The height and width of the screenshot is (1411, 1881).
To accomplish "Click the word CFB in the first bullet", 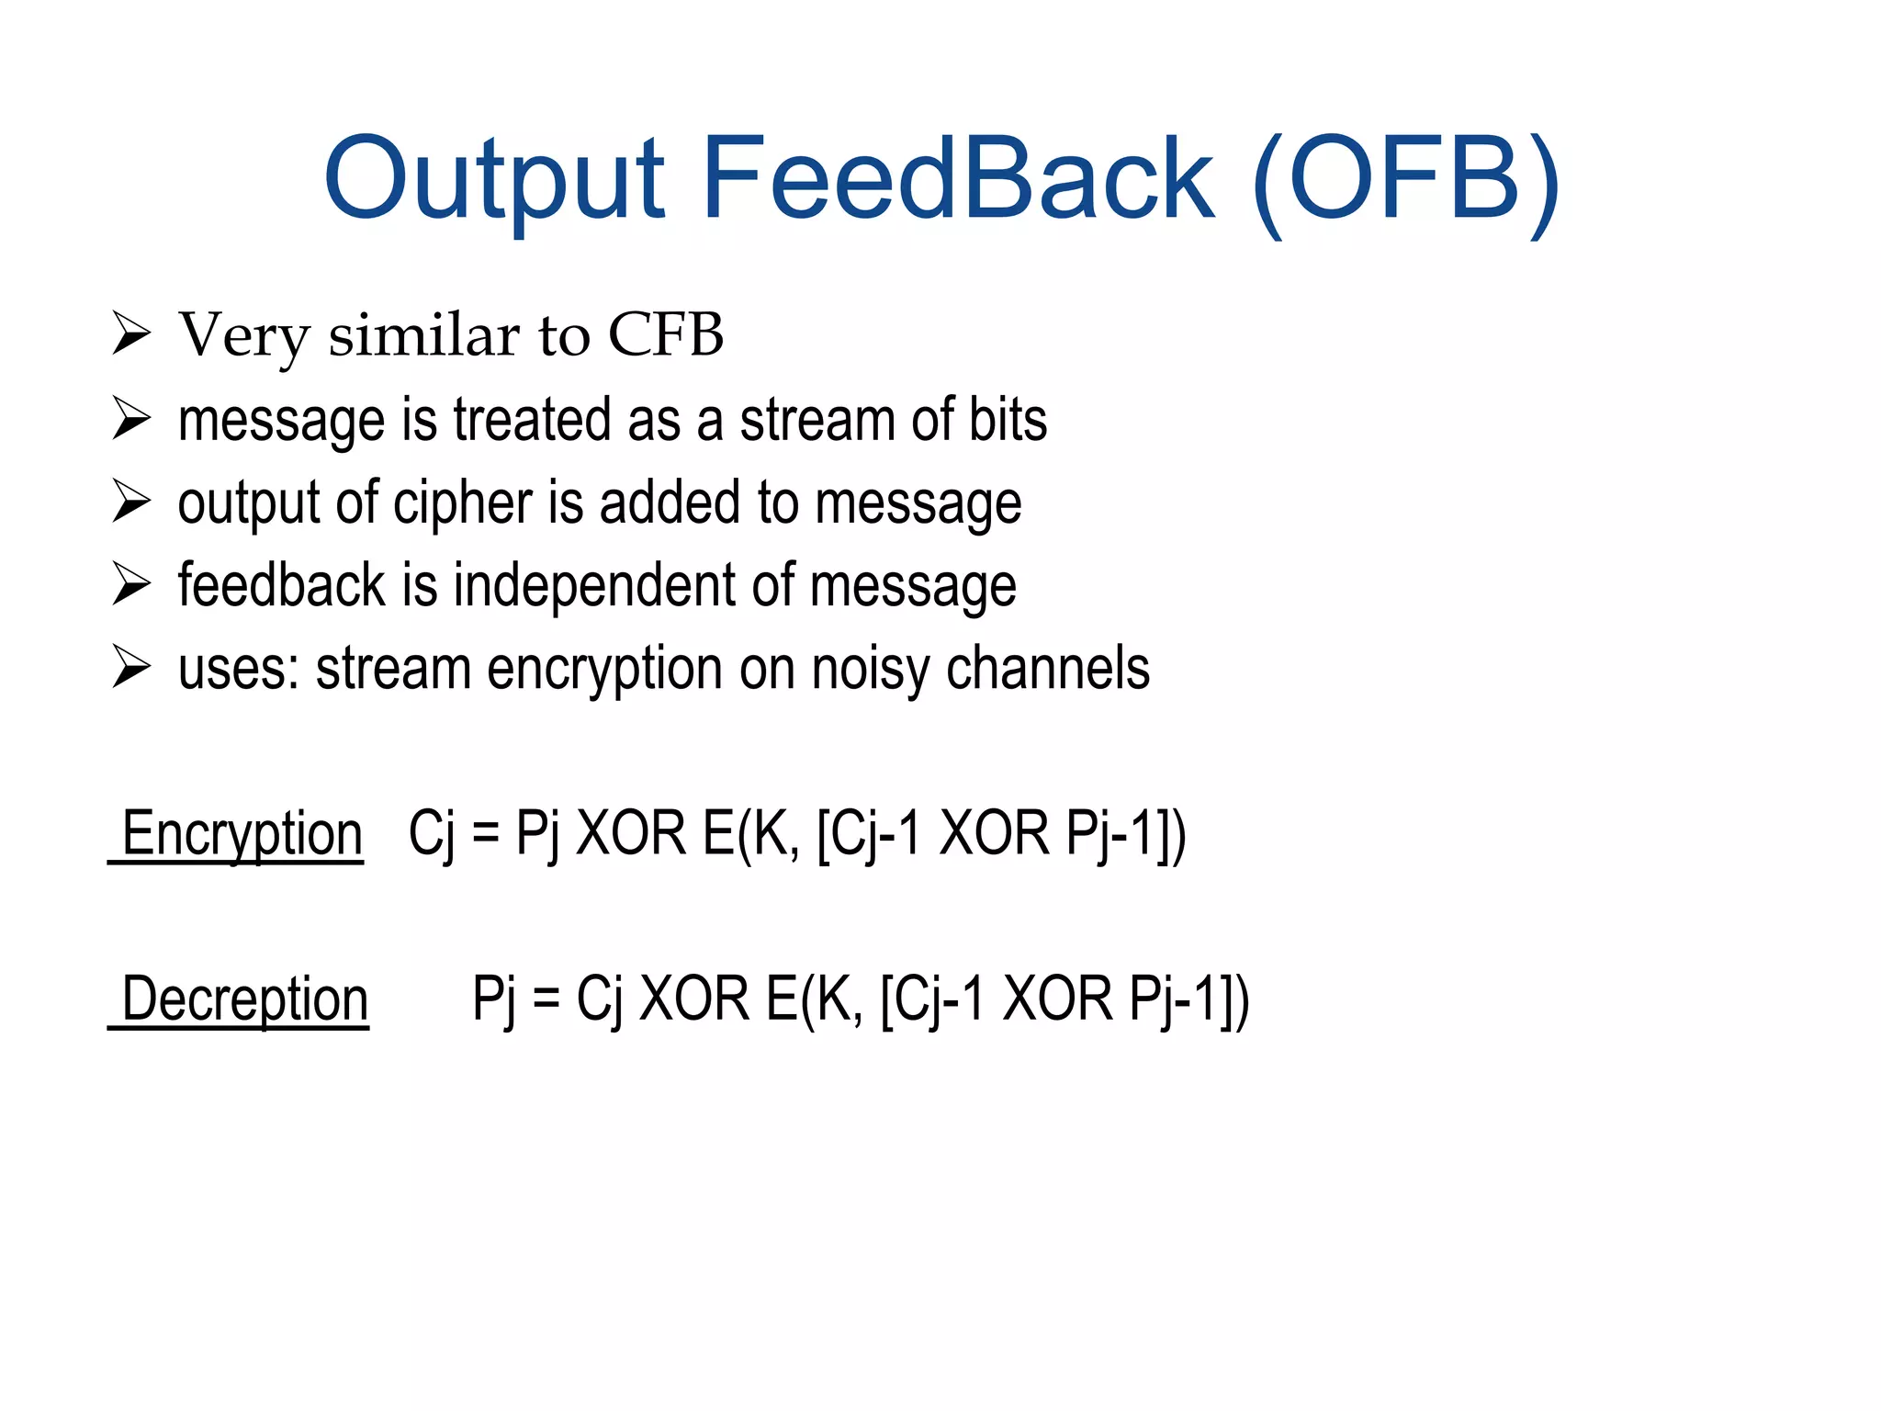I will point(666,334).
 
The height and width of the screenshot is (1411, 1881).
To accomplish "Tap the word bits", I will point(1008,420).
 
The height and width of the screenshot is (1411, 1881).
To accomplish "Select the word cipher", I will point(462,503).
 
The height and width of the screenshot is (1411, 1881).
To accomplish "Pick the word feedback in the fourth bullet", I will point(281,585).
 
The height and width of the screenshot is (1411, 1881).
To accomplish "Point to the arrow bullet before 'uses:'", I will point(131,667).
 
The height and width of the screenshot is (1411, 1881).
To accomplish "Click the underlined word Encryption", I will point(242,834).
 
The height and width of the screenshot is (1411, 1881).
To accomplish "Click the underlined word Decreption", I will point(244,999).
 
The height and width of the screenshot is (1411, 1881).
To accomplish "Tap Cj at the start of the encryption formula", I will point(431,834).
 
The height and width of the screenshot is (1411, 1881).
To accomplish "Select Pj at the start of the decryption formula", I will point(493,999).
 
